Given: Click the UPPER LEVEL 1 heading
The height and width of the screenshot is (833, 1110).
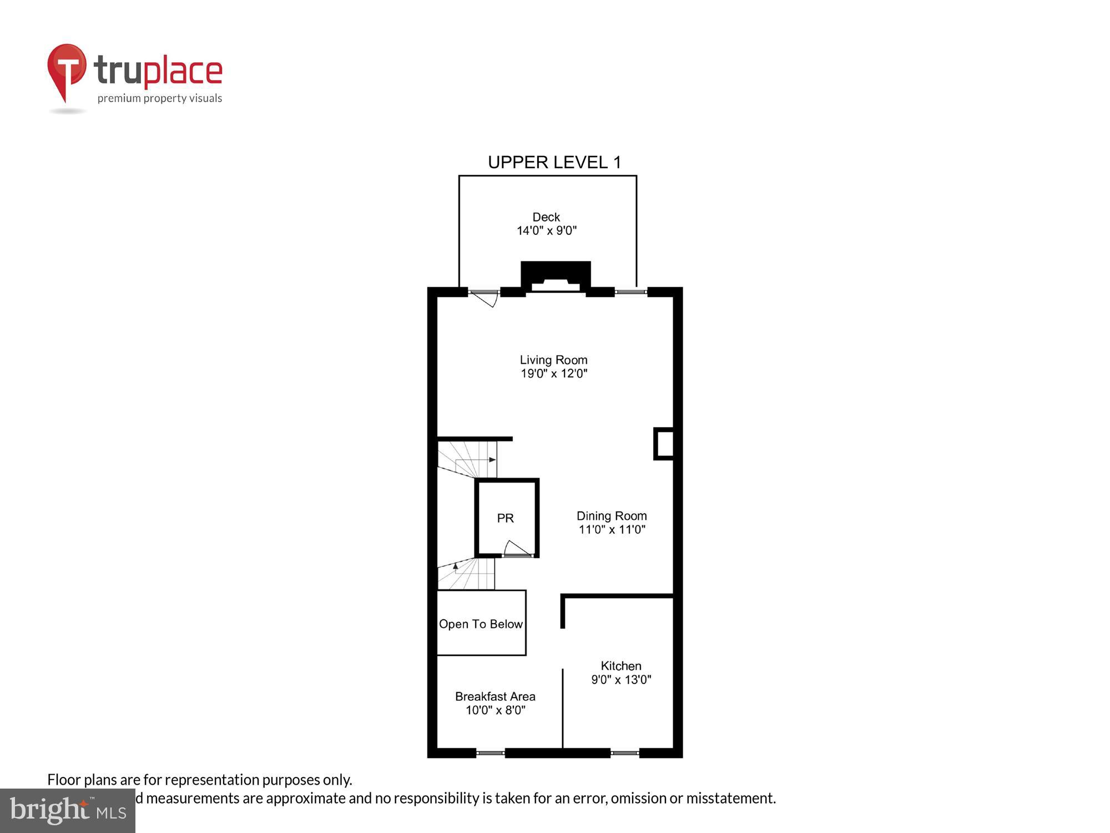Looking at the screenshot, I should [554, 162].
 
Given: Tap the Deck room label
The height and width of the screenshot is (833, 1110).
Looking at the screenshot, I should [546, 217].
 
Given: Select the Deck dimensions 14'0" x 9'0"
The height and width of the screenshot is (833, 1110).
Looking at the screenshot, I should [547, 231].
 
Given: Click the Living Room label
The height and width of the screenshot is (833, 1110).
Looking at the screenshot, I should [553, 360].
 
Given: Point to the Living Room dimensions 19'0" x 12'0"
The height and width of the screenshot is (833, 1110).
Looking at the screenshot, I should [553, 374].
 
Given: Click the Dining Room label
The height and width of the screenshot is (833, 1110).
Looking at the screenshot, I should [612, 516].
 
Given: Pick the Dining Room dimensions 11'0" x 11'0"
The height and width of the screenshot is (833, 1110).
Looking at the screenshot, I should [612, 530].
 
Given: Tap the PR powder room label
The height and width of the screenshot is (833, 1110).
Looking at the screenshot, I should [505, 518].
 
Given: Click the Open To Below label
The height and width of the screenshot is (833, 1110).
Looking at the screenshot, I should [481, 624].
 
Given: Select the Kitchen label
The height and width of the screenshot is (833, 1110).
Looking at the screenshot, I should [621, 666].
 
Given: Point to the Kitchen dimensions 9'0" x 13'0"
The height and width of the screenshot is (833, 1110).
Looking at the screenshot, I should [621, 680].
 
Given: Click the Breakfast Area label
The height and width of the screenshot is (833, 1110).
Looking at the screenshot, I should [495, 696].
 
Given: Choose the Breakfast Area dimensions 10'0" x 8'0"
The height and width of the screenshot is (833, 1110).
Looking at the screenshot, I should [495, 710].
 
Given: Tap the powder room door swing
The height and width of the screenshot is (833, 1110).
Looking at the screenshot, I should [516, 549].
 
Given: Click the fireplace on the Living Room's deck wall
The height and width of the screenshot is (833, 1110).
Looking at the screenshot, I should [556, 277].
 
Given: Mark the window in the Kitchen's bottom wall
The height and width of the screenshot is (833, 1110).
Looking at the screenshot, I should [625, 753].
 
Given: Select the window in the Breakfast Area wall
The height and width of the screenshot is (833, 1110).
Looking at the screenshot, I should [490, 753].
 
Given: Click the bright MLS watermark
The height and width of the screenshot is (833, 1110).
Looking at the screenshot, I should [68, 811].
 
